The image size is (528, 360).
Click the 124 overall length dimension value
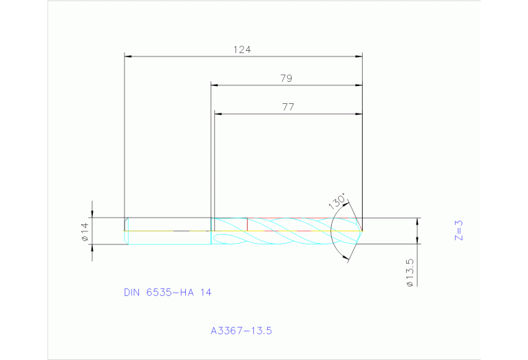click(x=242, y=50)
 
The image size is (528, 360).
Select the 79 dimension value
click(x=286, y=78)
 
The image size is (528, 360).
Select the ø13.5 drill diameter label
click(x=410, y=273)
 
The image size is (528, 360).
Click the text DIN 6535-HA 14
click(x=167, y=293)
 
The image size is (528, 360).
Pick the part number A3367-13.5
click(x=242, y=330)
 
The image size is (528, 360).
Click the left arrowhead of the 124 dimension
click(x=128, y=56)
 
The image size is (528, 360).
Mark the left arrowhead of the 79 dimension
click(x=215, y=85)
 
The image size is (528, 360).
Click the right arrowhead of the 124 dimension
click(x=359, y=56)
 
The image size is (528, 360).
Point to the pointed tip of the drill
click(x=362, y=230)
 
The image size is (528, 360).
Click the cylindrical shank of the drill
click(x=169, y=231)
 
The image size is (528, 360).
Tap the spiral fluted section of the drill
click(x=282, y=231)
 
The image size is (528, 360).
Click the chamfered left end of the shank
click(x=126, y=231)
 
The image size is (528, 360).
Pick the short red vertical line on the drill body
click(x=246, y=224)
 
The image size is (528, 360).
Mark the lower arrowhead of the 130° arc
click(x=346, y=258)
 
